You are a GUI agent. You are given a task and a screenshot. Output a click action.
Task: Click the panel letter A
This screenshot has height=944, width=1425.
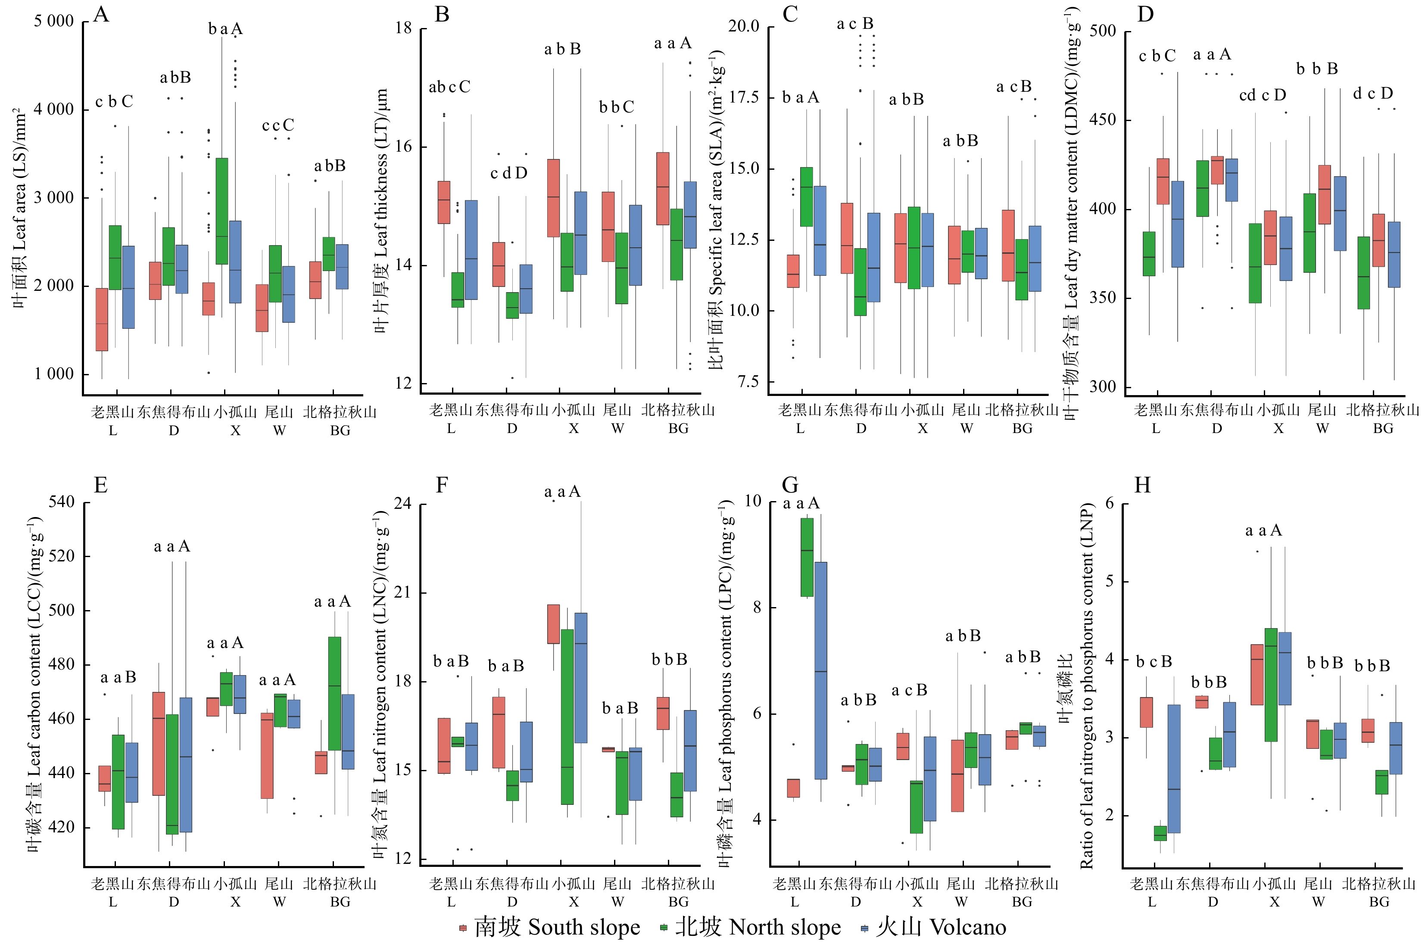point(102,14)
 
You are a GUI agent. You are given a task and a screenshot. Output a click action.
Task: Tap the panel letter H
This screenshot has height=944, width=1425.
point(1142,485)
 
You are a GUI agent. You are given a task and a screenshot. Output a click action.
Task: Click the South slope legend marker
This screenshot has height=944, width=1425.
point(463,928)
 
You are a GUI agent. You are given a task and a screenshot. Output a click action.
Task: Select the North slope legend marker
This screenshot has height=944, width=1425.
point(664,928)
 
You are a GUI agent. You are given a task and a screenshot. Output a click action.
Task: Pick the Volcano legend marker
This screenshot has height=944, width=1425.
point(864,928)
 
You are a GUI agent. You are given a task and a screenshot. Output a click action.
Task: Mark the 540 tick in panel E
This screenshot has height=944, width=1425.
point(62,502)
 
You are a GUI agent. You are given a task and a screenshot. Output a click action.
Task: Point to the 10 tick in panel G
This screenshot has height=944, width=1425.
point(752,501)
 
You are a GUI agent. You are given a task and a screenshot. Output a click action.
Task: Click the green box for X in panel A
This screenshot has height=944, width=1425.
point(221,211)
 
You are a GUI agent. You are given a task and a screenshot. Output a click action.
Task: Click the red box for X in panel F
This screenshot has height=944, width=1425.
point(553,624)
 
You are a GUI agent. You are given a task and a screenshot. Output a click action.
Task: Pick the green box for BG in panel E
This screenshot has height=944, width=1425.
point(335,694)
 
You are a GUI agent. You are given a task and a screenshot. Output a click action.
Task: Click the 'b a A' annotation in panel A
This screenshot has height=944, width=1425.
point(225,29)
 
